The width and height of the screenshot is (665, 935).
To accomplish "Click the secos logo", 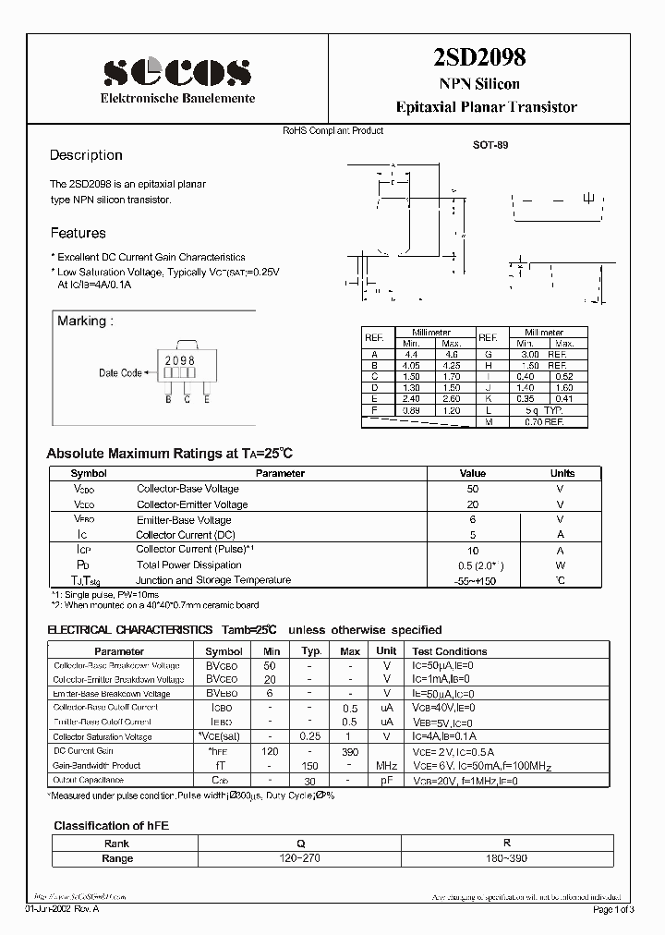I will [176, 71].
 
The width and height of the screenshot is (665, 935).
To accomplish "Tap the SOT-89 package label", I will [490, 145].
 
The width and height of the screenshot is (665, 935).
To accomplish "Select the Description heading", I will [86, 155].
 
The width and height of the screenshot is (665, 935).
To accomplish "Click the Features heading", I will [78, 233].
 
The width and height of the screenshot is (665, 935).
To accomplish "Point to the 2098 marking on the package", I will [179, 359].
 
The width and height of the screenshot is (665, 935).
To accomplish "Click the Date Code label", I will [120, 373].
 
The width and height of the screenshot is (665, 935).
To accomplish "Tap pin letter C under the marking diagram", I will [187, 398].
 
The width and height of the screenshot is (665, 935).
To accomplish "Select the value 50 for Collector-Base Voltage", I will [473, 489].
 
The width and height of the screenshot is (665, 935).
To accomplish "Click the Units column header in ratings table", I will [562, 473].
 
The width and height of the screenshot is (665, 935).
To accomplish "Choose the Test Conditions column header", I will [449, 651].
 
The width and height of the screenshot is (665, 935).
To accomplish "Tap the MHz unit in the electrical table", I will [386, 765].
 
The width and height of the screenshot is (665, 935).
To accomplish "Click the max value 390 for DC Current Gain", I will [351, 751].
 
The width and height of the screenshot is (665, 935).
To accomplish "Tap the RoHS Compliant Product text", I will [332, 131].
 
